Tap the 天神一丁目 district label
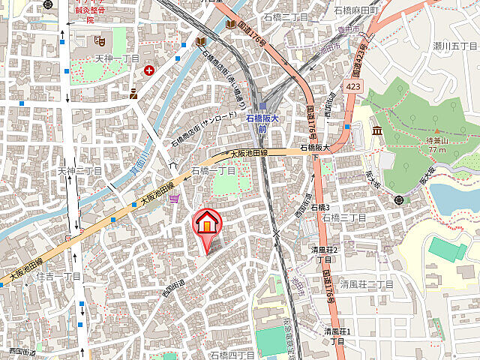click(117, 58)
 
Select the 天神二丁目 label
click(79, 171)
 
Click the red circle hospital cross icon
click(149, 71)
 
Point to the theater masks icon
click(100, 38)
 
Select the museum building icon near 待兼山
click(376, 132)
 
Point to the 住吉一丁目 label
click(58, 277)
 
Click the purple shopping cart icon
click(174, 198)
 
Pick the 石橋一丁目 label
click(214, 170)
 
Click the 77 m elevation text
click(437, 149)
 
